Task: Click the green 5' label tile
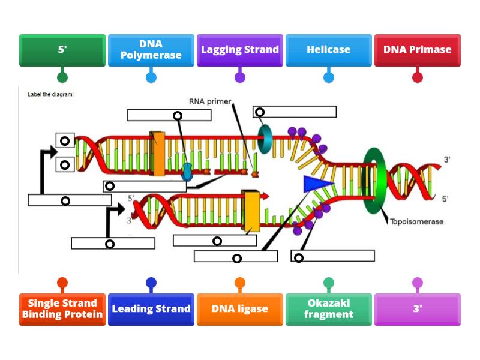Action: click(62, 50)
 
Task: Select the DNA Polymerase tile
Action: click(151, 50)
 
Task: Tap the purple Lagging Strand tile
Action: click(239, 50)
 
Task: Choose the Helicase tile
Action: click(328, 50)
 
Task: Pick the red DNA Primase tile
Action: click(417, 50)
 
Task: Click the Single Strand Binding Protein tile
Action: click(62, 309)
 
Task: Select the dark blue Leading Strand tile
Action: click(151, 309)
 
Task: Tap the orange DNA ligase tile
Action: click(239, 309)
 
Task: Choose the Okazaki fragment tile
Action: click(328, 309)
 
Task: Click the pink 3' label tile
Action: click(417, 309)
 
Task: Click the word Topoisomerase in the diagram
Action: click(416, 221)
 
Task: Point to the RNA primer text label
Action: click(209, 101)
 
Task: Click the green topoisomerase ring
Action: click(374, 180)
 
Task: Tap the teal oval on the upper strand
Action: click(265, 139)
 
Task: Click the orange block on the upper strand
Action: click(159, 153)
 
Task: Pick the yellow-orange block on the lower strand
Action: click(251, 211)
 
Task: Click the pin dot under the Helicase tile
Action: click(328, 77)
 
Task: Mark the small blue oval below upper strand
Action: click(187, 172)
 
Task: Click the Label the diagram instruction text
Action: click(52, 94)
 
